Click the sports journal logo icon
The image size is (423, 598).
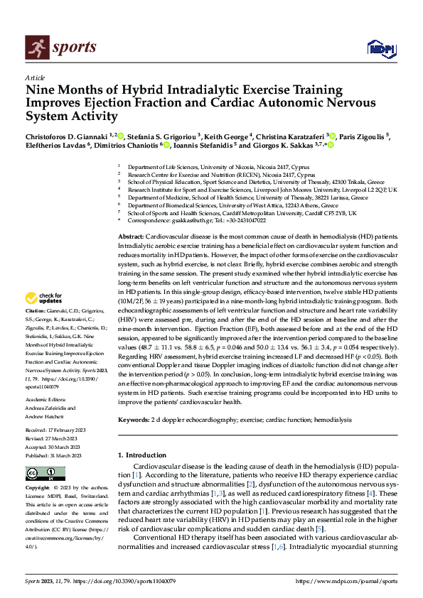36,47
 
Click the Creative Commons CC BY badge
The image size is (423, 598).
45,474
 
